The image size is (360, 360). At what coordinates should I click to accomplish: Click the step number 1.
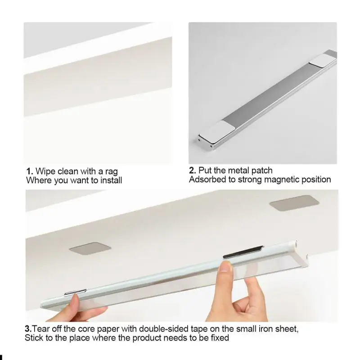click(x=29, y=171)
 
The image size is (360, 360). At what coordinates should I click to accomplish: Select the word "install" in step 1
click(x=108, y=180)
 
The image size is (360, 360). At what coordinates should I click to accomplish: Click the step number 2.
click(x=192, y=170)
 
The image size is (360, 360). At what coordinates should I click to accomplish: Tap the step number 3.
click(x=27, y=328)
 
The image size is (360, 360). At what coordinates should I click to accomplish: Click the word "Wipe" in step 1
click(x=45, y=171)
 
